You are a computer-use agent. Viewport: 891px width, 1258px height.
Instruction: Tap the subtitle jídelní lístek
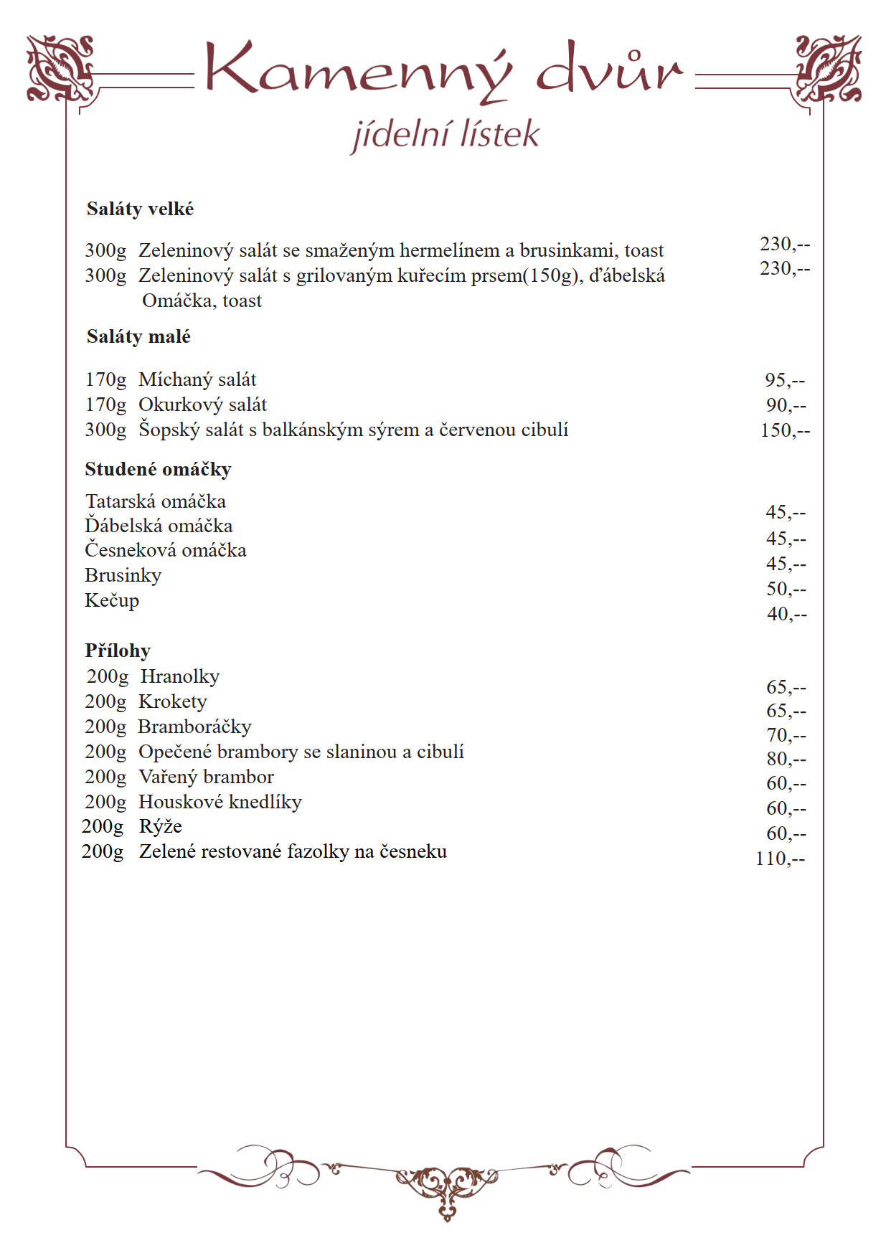tap(445, 135)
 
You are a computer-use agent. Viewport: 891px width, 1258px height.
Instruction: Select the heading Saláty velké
tap(140, 209)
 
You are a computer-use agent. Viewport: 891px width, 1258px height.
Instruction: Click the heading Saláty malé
tap(138, 336)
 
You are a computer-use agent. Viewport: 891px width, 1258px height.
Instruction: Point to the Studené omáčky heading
tap(158, 469)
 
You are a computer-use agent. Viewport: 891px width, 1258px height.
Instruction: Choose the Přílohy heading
tap(118, 651)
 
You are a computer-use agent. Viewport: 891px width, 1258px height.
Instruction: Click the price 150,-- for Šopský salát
tap(785, 430)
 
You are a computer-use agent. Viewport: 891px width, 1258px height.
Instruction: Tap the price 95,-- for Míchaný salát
tap(785, 380)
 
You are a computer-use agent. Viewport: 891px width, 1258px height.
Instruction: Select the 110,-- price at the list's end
tap(781, 859)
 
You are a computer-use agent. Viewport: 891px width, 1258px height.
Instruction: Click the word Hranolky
tap(180, 676)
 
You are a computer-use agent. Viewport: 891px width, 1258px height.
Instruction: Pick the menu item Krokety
tap(173, 701)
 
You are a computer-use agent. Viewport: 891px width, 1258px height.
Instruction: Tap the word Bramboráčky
tap(194, 727)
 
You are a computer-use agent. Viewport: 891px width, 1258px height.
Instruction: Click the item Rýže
tap(161, 826)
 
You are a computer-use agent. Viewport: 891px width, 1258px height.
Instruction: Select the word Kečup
tap(112, 600)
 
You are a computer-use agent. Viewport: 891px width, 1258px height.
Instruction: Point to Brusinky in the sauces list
tap(123, 575)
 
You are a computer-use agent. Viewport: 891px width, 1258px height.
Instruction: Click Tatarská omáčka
tap(155, 501)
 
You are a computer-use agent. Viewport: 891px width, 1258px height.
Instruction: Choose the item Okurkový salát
tap(202, 405)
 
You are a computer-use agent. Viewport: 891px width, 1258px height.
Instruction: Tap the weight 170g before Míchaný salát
tap(105, 380)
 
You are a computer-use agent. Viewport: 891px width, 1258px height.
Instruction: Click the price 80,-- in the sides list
tap(786, 759)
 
